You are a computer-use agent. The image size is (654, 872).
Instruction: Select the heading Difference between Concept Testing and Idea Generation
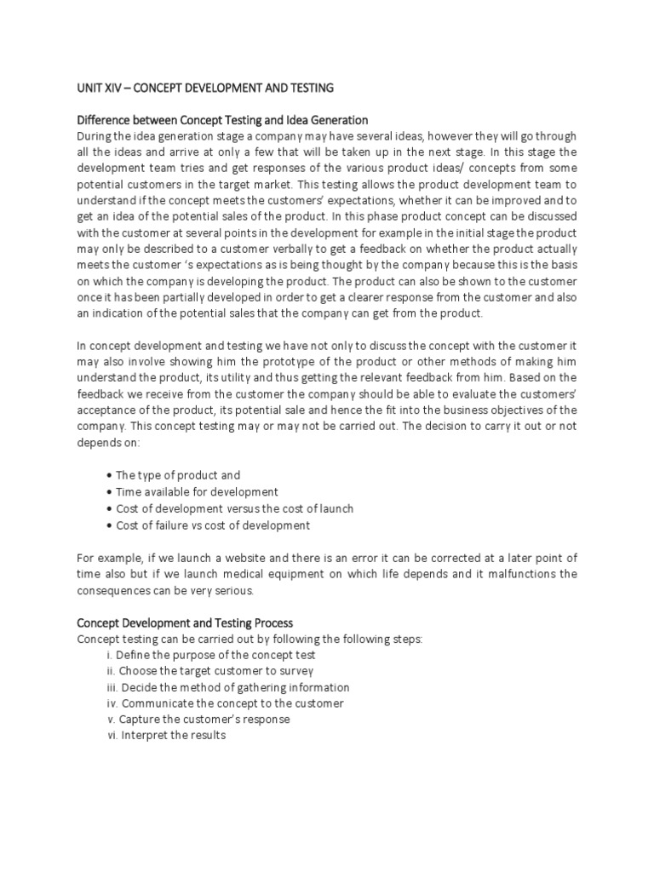coord(222,120)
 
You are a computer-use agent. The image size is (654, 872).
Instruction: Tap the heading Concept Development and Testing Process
coord(185,622)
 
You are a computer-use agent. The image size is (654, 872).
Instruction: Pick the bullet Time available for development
coord(193,492)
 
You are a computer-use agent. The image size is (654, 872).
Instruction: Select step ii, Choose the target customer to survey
coord(204,671)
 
